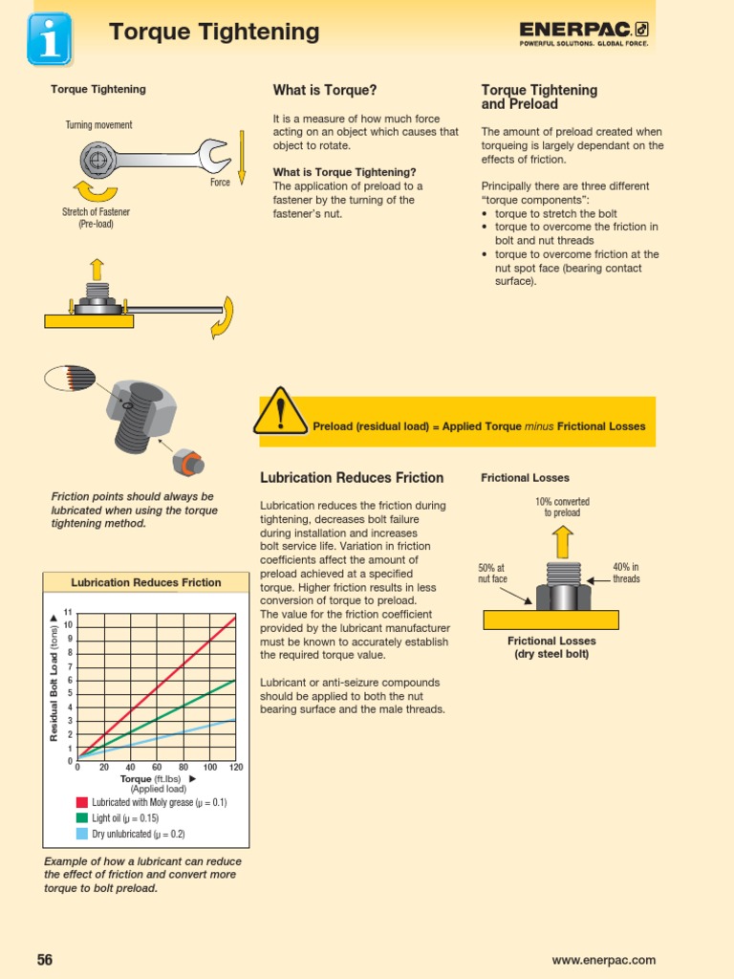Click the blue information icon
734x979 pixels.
coord(50,38)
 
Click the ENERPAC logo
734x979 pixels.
coord(584,33)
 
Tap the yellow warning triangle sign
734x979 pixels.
coord(280,411)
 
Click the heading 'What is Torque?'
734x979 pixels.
coord(324,90)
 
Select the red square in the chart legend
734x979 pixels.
coord(82,803)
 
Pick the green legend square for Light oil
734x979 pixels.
coord(82,818)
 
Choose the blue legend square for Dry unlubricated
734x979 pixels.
coord(82,834)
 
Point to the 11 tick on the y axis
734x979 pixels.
coord(68,612)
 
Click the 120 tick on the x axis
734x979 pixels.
coord(235,768)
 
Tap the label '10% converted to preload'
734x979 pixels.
coord(562,507)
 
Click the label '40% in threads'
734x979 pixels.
coord(626,574)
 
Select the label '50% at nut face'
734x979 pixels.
coord(492,574)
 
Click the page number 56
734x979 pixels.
coord(45,960)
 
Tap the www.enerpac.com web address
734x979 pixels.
coord(603,960)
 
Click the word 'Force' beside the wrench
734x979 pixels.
coord(220,182)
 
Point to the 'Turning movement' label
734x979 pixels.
coord(98,125)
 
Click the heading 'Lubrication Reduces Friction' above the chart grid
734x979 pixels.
coord(146,582)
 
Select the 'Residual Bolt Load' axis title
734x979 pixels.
coord(54,679)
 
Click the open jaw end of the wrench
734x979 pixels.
coord(212,152)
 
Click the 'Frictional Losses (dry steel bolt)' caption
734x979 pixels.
coord(551,647)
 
